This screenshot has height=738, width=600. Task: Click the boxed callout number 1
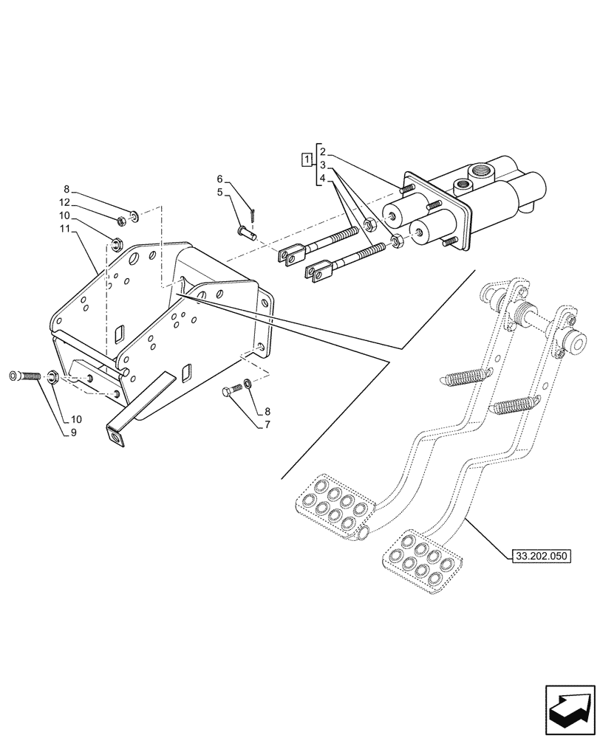pyautogui.click(x=305, y=159)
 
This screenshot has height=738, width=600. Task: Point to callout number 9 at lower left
pyautogui.click(x=73, y=432)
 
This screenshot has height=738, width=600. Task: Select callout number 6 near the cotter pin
pyautogui.click(x=220, y=179)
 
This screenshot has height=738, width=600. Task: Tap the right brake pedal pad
pyautogui.click(x=418, y=560)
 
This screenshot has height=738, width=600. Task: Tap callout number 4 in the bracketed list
pyautogui.click(x=324, y=178)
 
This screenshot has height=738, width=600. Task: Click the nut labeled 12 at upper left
pyautogui.click(x=121, y=219)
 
